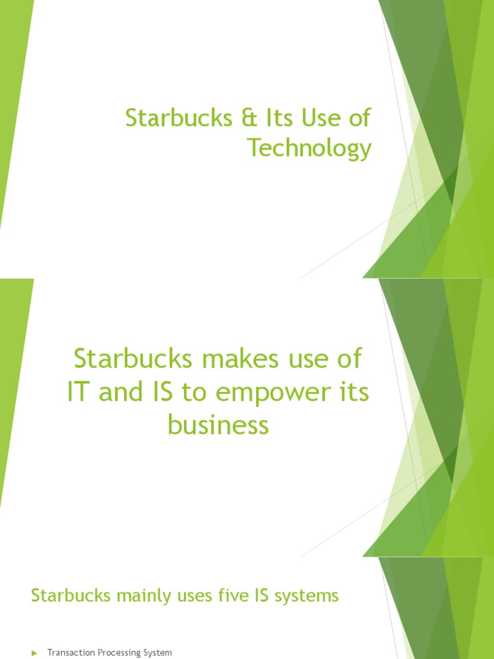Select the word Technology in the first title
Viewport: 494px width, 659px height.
click(310, 149)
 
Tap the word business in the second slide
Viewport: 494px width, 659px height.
click(218, 426)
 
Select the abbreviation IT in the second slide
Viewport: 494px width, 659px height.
click(79, 393)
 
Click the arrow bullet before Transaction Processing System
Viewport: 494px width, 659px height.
click(35, 653)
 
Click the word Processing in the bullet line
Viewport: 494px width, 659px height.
click(120, 653)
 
